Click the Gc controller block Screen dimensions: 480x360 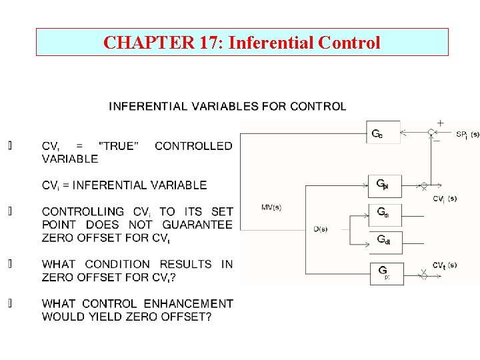point(383,132)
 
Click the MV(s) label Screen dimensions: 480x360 point(271,207)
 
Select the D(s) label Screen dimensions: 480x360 point(320,229)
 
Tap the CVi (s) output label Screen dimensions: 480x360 point(444,198)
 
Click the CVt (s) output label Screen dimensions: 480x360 point(444,265)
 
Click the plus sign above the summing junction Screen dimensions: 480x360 point(440,123)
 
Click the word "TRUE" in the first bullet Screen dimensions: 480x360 point(119,146)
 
